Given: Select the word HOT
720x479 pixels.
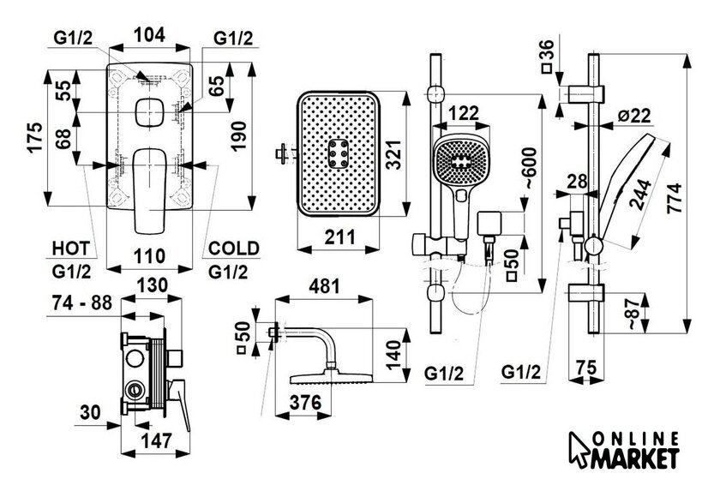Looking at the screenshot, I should click(71, 248).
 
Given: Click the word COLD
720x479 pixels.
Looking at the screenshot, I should click(233, 248).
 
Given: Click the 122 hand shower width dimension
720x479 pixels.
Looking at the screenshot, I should click(464, 111).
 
